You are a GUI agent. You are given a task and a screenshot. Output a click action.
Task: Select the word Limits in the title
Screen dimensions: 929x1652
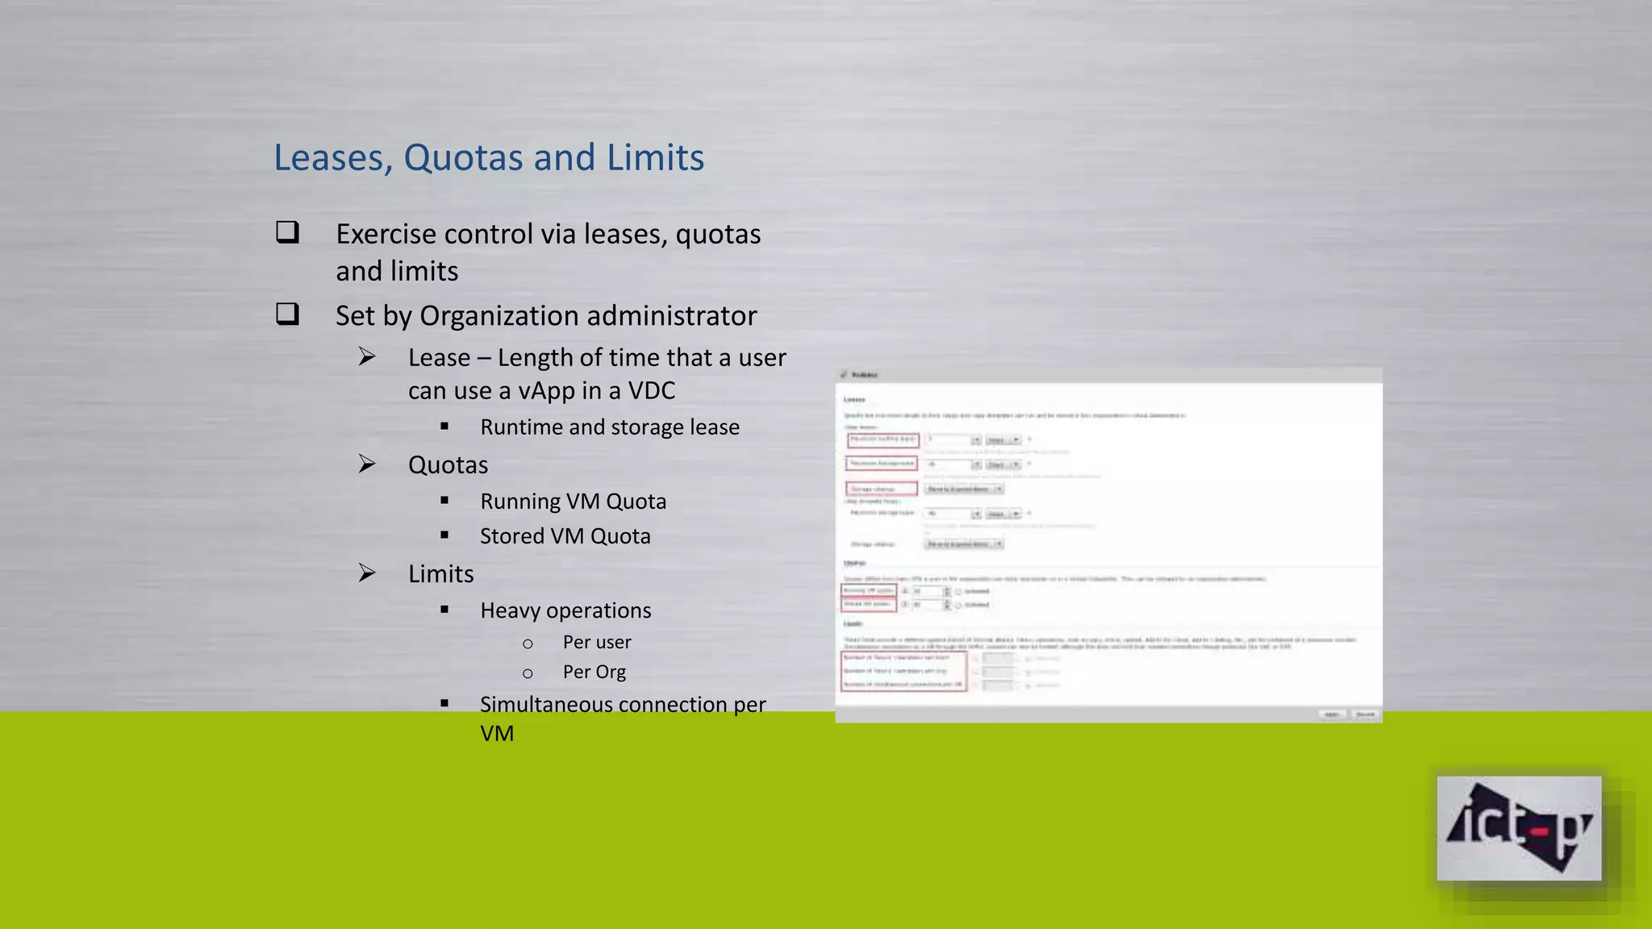tap(655, 157)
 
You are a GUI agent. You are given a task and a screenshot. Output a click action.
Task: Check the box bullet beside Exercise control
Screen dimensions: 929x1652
tap(287, 232)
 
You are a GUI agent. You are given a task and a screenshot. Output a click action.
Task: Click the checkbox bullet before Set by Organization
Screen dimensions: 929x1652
tap(287, 314)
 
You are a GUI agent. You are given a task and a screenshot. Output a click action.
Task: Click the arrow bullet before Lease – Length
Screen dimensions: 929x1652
tap(367, 356)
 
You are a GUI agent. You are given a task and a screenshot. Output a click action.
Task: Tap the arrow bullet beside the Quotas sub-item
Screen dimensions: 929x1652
tap(367, 464)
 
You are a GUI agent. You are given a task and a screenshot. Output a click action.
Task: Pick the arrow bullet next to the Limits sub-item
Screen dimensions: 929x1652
tap(367, 573)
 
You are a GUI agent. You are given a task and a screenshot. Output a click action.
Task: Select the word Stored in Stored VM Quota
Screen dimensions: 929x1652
tap(511, 536)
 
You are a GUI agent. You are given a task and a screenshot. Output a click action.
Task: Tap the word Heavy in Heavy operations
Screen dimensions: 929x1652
tap(508, 611)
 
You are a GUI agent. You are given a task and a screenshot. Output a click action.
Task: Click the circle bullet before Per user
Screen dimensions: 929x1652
tap(528, 644)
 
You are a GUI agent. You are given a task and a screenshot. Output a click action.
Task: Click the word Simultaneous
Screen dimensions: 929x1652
tap(546, 705)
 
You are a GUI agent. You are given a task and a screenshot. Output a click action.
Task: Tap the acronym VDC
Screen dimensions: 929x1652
tap(651, 391)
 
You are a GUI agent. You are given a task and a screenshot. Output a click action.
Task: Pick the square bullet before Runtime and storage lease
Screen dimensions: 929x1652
tap(444, 426)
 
